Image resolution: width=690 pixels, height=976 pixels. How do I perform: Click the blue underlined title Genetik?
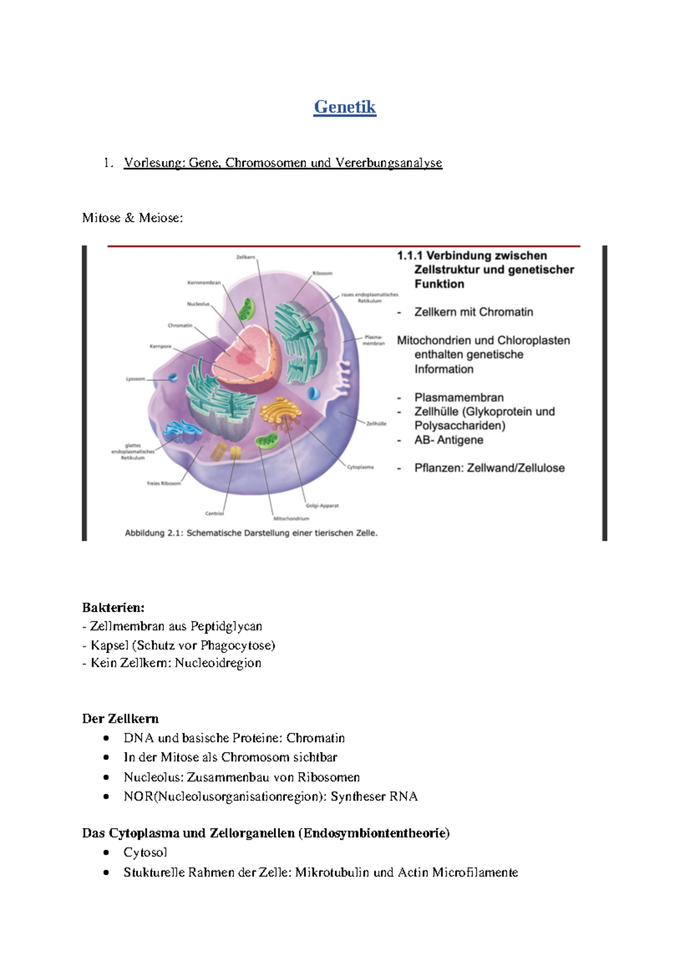(344, 107)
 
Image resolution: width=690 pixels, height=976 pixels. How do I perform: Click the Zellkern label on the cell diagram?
(246, 257)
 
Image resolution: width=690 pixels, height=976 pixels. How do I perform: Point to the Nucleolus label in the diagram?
(198, 303)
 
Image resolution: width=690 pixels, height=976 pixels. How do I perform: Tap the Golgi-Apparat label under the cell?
(322, 506)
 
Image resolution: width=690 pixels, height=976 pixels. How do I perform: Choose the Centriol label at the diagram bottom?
(214, 513)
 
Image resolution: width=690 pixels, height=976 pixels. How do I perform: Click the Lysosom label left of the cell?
(136, 379)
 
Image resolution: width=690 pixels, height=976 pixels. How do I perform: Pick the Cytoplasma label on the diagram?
(361, 467)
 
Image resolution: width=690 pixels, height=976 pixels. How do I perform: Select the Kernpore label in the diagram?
(160, 346)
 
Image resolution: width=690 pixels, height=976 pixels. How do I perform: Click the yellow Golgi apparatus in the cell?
(280, 412)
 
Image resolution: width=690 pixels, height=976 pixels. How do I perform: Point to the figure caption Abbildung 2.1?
(251, 533)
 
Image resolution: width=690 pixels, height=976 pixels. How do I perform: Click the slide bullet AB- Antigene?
(448, 440)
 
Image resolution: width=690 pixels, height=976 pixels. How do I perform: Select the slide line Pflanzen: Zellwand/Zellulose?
(489, 468)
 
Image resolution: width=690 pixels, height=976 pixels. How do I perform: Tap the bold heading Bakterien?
(113, 608)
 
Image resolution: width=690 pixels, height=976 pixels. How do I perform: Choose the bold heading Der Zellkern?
(120, 718)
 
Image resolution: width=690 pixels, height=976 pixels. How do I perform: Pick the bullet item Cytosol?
(145, 852)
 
